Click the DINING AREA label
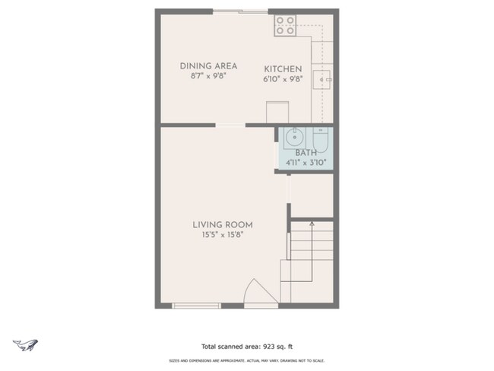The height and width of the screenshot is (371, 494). [208, 66]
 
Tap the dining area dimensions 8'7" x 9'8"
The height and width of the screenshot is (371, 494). [208, 77]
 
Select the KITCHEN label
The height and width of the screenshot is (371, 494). [283, 68]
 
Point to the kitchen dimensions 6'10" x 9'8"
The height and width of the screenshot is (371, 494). [283, 78]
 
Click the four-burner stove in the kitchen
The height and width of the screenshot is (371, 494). [285, 26]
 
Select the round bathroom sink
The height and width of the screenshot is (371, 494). [294, 138]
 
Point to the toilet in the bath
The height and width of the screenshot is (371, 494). [319, 140]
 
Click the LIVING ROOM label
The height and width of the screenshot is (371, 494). [222, 225]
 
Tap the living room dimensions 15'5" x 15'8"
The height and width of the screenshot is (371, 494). [222, 235]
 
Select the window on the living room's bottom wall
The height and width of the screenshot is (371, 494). [196, 306]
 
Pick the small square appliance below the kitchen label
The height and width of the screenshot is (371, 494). [273, 113]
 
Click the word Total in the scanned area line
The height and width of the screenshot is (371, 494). [210, 345]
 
